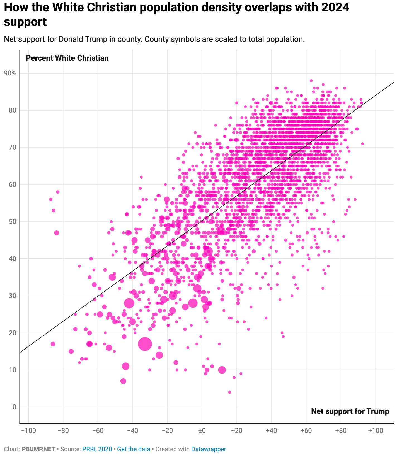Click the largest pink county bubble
(145, 344)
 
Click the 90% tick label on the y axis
(10, 73)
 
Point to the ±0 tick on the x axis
(202, 431)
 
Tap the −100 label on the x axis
(28, 431)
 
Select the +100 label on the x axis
(375, 431)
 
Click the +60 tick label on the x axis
(306, 431)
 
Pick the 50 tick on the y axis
(13, 222)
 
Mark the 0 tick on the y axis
(14, 407)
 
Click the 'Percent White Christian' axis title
(67, 58)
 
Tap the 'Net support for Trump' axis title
(350, 411)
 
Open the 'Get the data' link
(134, 449)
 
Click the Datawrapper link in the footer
(209, 449)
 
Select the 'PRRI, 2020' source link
(97, 449)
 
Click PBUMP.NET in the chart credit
(38, 449)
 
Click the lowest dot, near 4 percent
(230, 392)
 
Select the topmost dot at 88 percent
(311, 81)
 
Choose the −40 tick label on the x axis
(132, 431)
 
